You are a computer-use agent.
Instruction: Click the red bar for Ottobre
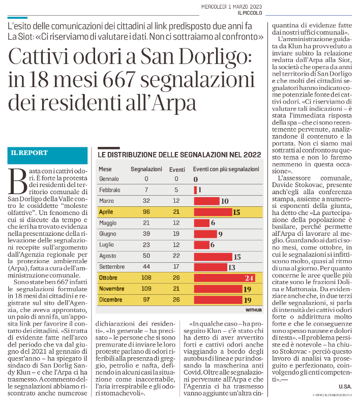224,278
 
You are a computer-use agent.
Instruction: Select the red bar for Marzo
207,201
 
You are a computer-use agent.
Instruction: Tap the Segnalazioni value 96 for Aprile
146,212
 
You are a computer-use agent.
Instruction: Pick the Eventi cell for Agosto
176,256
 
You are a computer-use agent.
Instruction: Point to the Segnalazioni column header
146,169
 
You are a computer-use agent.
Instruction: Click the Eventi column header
177,169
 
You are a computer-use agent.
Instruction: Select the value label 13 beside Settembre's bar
232,267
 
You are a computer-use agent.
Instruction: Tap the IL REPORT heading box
48,156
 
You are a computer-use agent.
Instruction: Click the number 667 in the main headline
119,79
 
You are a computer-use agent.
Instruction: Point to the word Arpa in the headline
173,103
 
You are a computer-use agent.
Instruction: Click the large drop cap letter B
17,181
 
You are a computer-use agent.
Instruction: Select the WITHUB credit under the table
254,310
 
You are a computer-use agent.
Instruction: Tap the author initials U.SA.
345,386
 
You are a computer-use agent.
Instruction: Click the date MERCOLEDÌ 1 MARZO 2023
231,7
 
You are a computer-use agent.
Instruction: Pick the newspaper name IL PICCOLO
250,13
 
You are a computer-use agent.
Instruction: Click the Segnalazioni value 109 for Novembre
146,289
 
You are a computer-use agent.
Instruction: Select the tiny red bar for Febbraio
195,190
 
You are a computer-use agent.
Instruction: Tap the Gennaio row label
109,179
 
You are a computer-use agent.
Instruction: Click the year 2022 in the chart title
252,154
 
